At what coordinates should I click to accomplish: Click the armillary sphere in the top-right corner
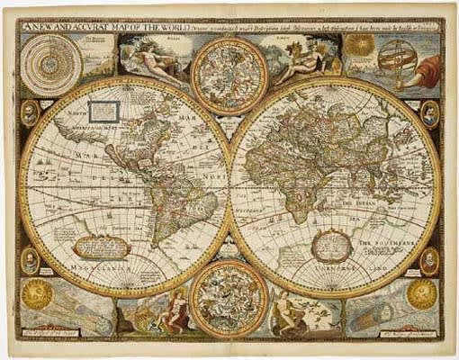(x=397, y=62)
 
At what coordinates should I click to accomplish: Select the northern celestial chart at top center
(x=229, y=75)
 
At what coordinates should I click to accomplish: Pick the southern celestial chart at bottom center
(x=229, y=298)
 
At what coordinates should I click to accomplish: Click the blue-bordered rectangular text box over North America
(x=103, y=112)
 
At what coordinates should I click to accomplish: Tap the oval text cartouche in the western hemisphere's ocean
(x=98, y=245)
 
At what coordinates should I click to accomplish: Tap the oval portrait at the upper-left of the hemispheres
(x=30, y=113)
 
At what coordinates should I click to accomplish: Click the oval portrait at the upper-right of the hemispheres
(x=429, y=113)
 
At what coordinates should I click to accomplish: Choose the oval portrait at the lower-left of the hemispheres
(x=30, y=260)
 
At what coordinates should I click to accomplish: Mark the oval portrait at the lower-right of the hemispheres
(x=430, y=261)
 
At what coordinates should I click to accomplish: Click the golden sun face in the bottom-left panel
(x=38, y=294)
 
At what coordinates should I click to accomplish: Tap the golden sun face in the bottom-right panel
(x=420, y=293)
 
